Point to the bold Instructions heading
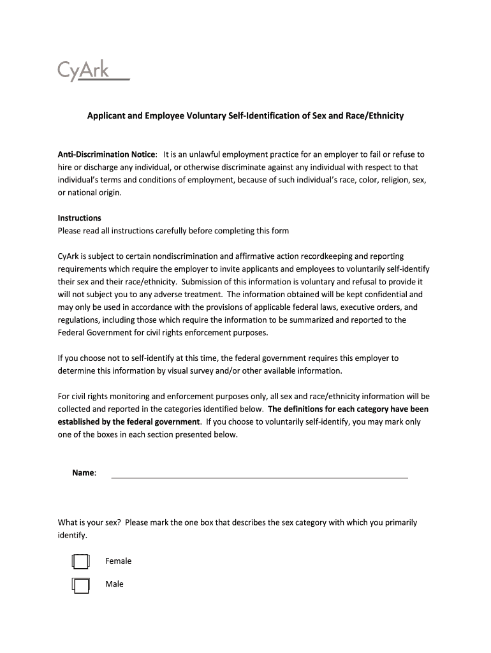point(80,217)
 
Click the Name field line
point(260,474)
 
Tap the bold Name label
point(84,473)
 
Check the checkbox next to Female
point(81,562)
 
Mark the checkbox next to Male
point(81,585)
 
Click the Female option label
point(119,561)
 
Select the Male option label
point(115,584)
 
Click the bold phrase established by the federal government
point(129,422)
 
